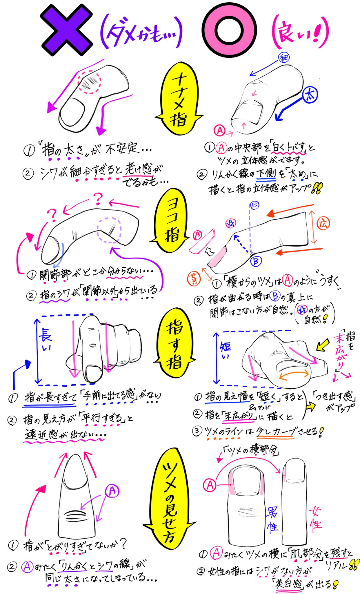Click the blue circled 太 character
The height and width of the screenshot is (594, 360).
[310, 95]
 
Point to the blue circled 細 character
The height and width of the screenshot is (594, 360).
[284, 58]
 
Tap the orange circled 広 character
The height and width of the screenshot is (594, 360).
[323, 224]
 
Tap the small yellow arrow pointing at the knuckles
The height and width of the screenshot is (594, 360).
[322, 345]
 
